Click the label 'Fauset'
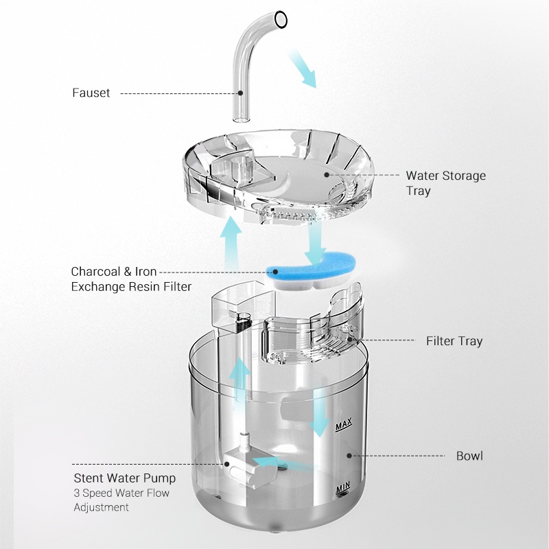click(x=91, y=93)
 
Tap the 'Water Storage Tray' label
click(x=445, y=183)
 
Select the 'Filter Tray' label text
click(x=454, y=341)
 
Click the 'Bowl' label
click(x=469, y=456)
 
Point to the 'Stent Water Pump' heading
click(x=125, y=478)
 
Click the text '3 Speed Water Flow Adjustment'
click(x=121, y=500)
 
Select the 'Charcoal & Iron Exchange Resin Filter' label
click(x=131, y=279)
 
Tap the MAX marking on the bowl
click(x=344, y=425)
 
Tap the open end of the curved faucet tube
click(x=281, y=19)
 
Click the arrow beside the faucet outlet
click(x=302, y=68)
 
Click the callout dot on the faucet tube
click(x=240, y=93)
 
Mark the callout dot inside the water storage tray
click(x=327, y=174)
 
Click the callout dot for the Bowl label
click(x=349, y=456)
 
